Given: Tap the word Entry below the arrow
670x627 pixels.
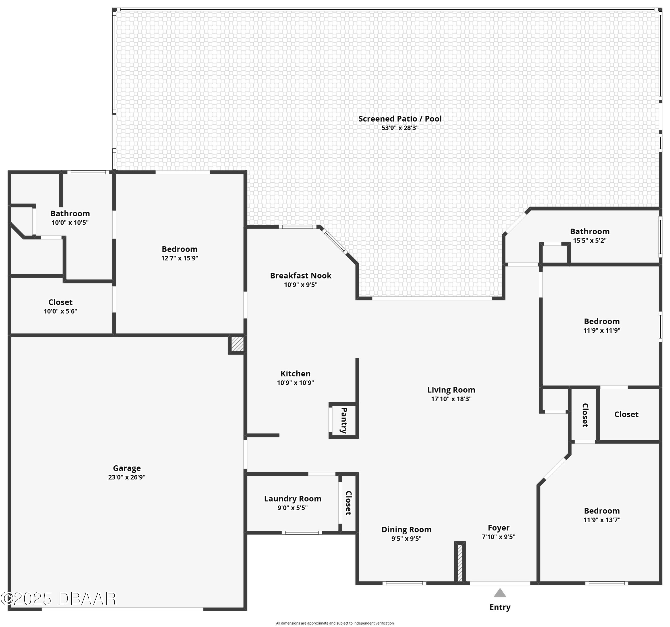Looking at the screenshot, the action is pos(500,607).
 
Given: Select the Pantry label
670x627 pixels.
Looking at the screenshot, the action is pos(344,420).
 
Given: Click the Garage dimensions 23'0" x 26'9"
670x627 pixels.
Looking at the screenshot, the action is pos(127,477).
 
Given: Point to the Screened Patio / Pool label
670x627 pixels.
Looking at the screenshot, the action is pos(400,119).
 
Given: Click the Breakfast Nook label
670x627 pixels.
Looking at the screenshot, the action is pos(301,276).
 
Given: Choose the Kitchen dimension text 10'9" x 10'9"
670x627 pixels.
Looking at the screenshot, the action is pos(295,382).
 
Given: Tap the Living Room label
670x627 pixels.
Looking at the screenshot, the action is pos(451,390).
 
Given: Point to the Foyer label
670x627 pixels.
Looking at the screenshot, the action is pos(499,528).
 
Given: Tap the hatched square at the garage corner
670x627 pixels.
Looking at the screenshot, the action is pos(237,344).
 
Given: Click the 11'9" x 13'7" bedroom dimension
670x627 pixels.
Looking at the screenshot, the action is pos(602,520).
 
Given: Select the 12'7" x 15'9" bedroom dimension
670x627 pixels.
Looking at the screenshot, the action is pos(180,258).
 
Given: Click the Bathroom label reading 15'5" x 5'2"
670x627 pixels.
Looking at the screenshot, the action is pos(590,231).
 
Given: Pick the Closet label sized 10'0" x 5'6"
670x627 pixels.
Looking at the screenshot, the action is pos(60,302).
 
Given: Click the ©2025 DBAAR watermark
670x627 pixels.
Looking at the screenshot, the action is pos(58,598).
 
